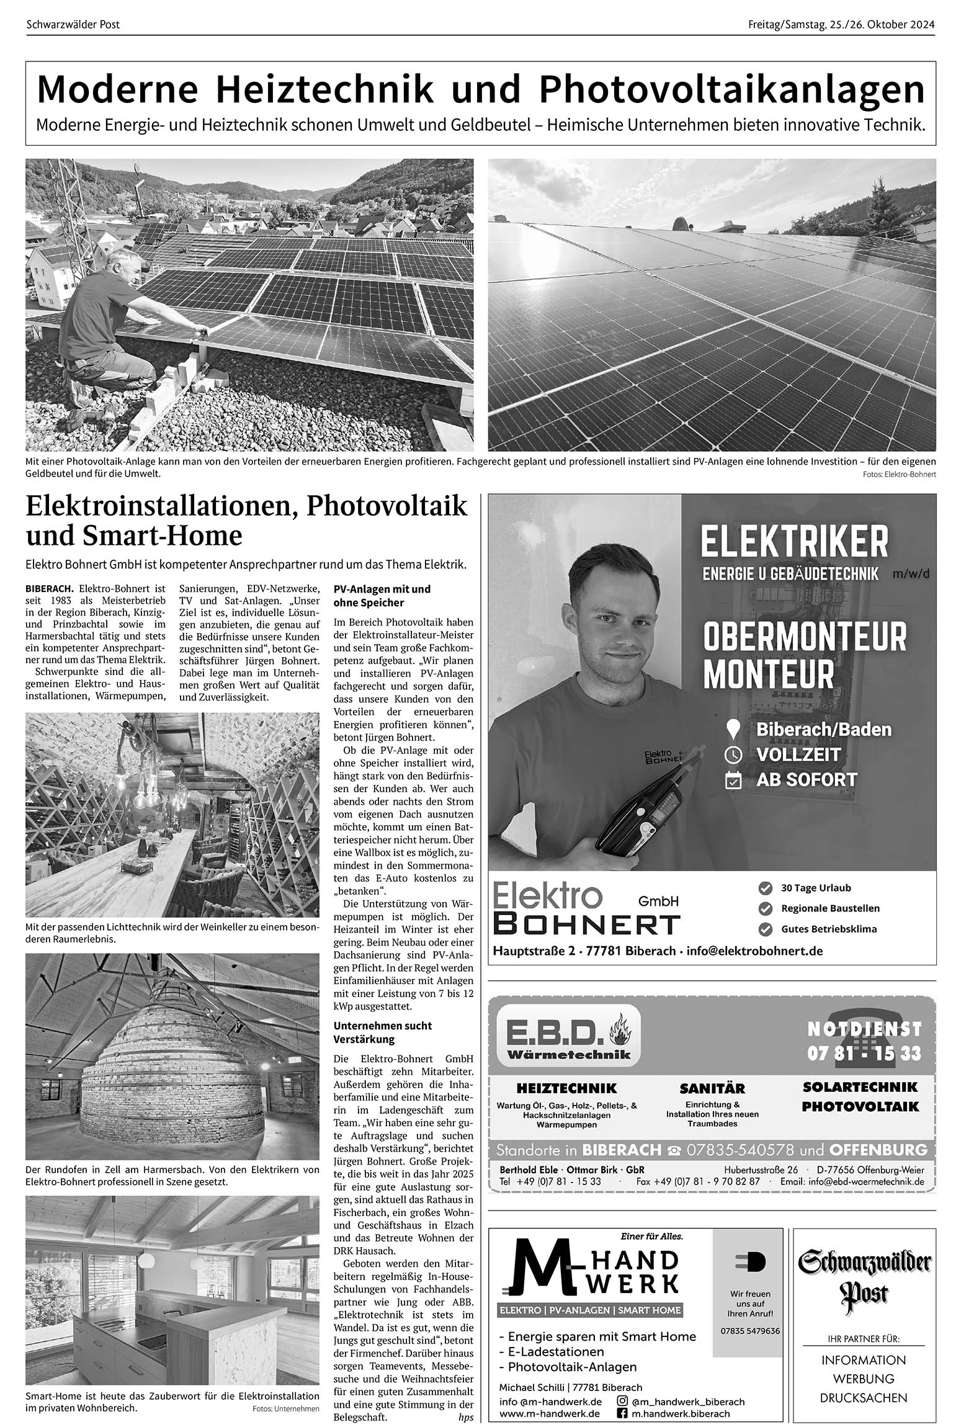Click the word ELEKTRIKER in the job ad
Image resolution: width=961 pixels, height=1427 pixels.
794,541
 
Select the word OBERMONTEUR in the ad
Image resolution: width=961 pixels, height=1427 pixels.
805,637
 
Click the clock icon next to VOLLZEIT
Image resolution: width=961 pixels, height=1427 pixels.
733,755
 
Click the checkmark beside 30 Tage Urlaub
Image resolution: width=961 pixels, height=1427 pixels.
766,888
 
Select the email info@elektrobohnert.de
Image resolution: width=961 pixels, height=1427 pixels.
754,951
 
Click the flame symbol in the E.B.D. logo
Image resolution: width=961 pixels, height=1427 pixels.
619,1030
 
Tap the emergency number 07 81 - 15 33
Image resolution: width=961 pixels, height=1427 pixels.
864,1053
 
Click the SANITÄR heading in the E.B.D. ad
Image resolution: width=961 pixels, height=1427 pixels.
712,1088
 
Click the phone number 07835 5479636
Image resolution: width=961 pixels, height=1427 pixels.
750,1330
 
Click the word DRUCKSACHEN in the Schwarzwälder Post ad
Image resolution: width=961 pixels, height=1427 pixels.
863,1398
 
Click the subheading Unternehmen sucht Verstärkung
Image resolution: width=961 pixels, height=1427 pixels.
382,1032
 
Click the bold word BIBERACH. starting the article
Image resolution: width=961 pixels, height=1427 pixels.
50,588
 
